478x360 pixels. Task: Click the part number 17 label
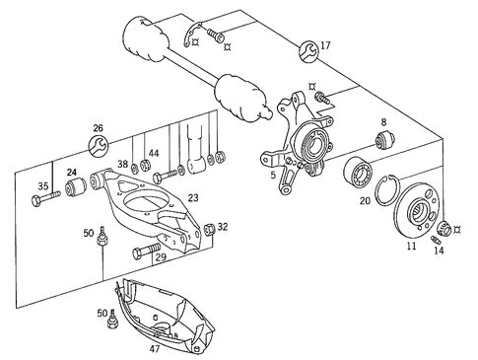click(x=325, y=45)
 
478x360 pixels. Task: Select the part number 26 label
click(x=97, y=128)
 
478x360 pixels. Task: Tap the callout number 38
click(x=123, y=165)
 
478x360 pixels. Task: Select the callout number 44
click(x=152, y=155)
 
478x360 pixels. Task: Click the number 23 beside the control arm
click(x=193, y=198)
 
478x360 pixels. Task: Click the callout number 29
click(x=161, y=255)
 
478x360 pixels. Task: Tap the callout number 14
click(x=439, y=252)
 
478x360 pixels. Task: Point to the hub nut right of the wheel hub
click(x=443, y=229)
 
